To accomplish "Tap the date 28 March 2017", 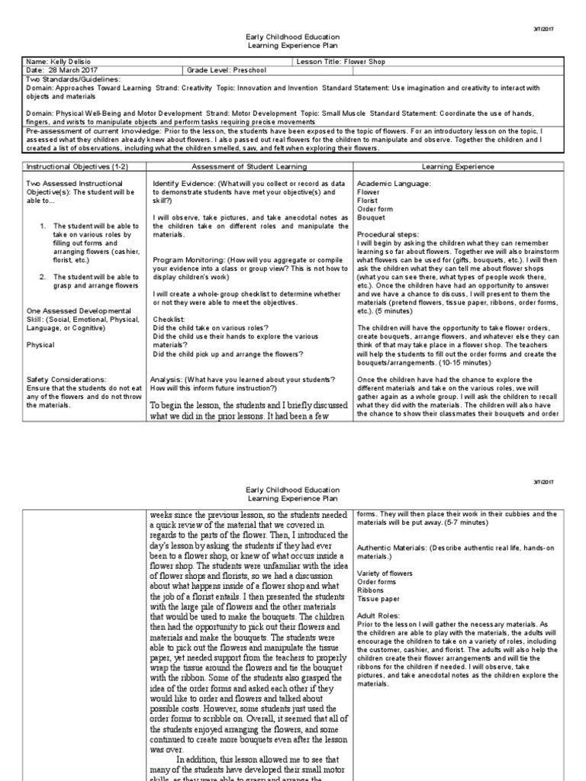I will tap(68, 70).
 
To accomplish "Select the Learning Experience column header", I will tap(458, 166).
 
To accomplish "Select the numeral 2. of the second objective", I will tap(44, 275).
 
